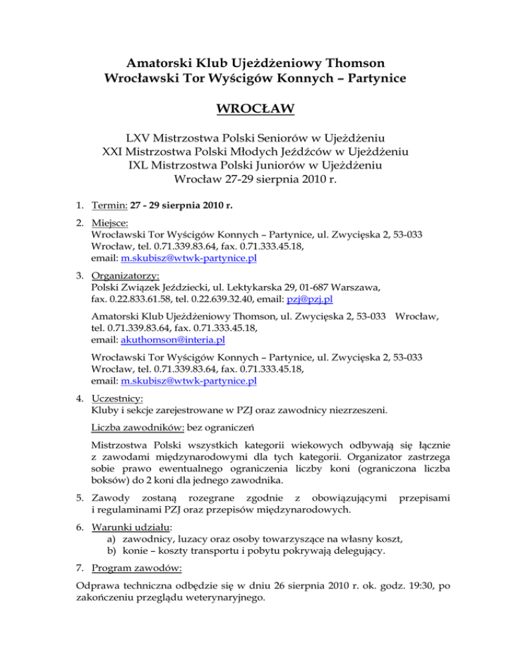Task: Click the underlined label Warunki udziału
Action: point(129,542)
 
